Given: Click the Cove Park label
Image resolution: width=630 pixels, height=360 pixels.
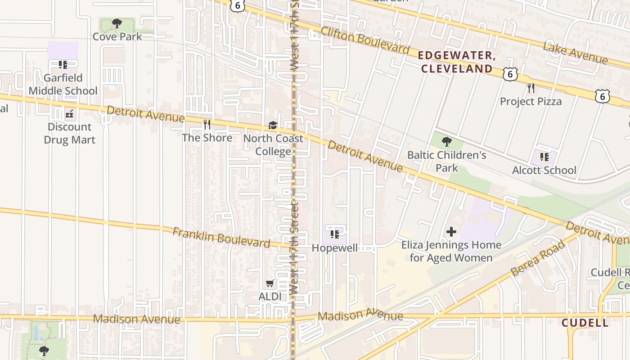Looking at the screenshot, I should [x=117, y=36].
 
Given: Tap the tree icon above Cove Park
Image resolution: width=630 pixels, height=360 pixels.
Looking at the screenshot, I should [x=117, y=23].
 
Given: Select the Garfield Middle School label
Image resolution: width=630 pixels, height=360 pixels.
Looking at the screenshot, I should [x=63, y=84].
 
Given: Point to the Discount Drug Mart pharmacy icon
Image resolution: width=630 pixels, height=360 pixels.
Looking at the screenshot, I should [x=69, y=114].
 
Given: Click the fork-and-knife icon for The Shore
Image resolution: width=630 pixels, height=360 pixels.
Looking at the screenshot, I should [x=207, y=124].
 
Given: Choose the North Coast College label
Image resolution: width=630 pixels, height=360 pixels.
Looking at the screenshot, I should [x=273, y=144].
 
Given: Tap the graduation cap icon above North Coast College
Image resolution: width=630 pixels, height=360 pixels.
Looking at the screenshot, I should [x=273, y=125].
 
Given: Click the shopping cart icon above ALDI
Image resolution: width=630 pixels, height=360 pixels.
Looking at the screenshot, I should [x=270, y=283].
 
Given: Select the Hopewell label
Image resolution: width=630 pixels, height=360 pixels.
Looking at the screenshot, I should [x=335, y=248].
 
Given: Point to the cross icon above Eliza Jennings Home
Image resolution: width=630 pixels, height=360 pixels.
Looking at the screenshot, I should [x=451, y=232].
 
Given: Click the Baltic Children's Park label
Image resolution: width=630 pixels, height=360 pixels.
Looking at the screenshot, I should [x=447, y=162].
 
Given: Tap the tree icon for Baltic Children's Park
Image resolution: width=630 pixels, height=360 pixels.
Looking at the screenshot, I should [x=446, y=142].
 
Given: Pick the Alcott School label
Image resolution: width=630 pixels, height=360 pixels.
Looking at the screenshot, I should [x=544, y=170].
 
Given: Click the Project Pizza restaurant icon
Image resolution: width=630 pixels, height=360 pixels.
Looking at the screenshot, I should [x=531, y=87].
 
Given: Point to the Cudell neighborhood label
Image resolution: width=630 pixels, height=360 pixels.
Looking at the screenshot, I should [x=585, y=323].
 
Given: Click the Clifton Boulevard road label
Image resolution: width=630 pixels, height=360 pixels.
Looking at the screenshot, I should [x=364, y=40].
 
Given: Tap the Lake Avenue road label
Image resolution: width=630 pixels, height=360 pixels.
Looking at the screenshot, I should [x=575, y=53].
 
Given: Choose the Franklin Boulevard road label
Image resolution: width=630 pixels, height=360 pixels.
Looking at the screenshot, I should [x=221, y=237].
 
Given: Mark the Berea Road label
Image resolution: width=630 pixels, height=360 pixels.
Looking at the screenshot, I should [x=538, y=259].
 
